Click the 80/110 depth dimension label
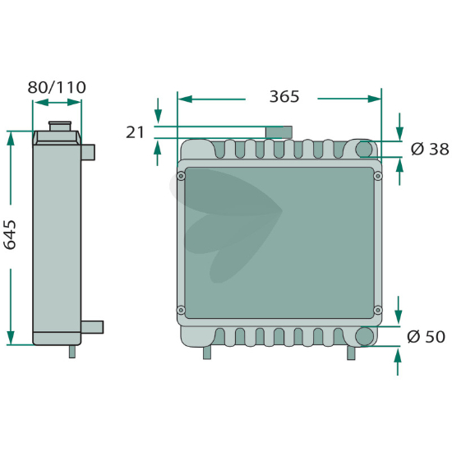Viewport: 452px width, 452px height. tap(57, 87)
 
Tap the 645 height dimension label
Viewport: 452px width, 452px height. tap(10, 235)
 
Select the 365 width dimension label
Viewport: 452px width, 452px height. tap(284, 96)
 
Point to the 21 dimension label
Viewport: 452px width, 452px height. tap(135, 132)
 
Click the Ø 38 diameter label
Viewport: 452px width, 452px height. tap(430, 149)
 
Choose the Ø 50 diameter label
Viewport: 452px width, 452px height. tap(426, 336)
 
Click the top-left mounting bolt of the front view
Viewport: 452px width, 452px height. tap(181, 176)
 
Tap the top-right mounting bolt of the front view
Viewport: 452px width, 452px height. tap(378, 176)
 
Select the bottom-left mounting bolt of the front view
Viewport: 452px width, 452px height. tap(181, 310)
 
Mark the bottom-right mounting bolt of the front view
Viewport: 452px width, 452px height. tap(378, 310)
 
